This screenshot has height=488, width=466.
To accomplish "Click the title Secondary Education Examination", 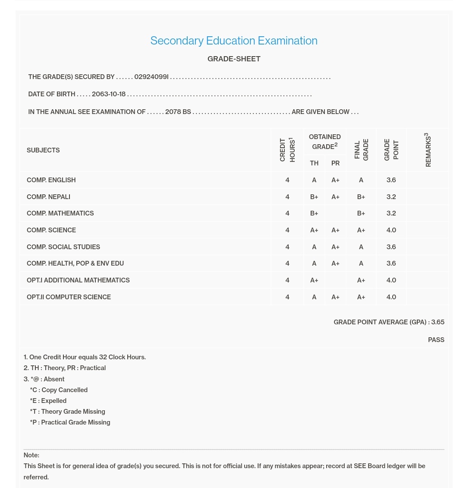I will point(233,41).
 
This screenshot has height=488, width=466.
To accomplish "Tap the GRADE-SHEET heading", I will point(234,59).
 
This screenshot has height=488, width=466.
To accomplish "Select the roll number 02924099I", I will point(151,77).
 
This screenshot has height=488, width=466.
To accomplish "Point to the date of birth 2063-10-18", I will point(109,94).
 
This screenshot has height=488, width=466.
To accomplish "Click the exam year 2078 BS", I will point(178,112).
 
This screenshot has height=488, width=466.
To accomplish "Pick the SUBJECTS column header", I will point(43,150).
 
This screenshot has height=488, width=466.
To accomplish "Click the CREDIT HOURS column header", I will point(287,150).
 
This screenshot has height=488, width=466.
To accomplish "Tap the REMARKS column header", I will point(428,150).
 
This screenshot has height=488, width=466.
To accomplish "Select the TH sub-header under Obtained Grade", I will point(314,163).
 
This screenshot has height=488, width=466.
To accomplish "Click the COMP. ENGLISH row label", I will point(51,180).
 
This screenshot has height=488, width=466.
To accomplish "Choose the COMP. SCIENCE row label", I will point(51,230).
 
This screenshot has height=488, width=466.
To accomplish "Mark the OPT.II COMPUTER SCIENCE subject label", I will point(69,297).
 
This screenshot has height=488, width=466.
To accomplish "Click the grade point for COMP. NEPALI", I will point(391,197).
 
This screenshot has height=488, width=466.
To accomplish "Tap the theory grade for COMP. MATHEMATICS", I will point(314,213).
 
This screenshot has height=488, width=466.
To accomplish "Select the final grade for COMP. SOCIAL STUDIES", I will point(361,247).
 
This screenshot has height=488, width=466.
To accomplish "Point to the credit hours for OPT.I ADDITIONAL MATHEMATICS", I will point(287,280).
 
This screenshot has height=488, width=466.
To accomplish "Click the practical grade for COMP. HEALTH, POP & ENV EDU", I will point(335,263).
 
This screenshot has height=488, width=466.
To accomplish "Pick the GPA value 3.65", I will point(438,322).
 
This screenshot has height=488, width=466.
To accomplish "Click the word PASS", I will point(436,340).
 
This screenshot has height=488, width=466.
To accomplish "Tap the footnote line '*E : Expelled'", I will point(48,401).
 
